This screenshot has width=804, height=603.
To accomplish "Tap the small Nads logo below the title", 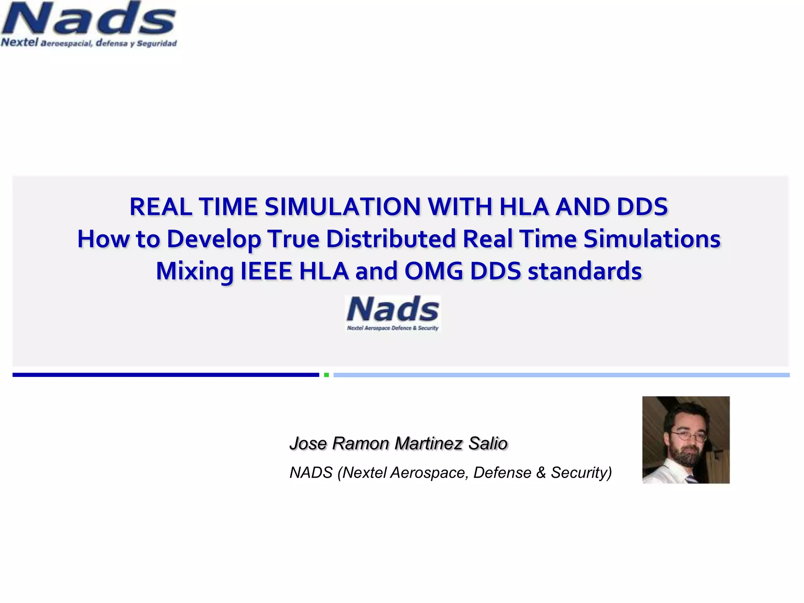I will coord(393,313).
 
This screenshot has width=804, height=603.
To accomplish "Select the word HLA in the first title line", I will coord(524,207).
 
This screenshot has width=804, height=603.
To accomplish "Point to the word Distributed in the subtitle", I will coord(391,239).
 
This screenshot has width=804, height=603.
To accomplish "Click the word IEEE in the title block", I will coord(266,271).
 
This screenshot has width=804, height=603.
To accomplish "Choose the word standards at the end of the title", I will coord(585,271).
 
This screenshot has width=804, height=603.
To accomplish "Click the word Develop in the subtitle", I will coord(214,239).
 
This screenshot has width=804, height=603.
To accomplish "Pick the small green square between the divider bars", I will coord(326,375).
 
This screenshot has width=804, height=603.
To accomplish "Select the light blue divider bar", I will coord(561,375).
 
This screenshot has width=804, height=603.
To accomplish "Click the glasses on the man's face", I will coord(687,435).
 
